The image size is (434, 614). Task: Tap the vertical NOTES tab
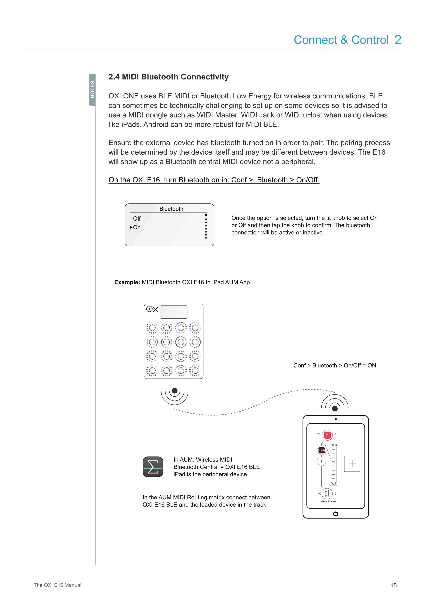pyautogui.click(x=92, y=90)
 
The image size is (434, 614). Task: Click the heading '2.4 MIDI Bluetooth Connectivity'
pyautogui.click(x=168, y=77)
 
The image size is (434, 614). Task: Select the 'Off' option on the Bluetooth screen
pyautogui.click(x=137, y=219)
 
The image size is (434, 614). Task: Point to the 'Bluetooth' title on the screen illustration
pyautogui.click(x=171, y=209)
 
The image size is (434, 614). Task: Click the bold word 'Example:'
pyautogui.click(x=127, y=282)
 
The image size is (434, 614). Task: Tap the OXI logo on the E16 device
pyautogui.click(x=152, y=309)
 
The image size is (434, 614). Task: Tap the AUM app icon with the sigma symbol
pyautogui.click(x=153, y=467)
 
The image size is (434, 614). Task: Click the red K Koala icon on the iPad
pyautogui.click(x=327, y=435)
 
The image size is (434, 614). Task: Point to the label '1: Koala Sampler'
pyautogui.click(x=327, y=501)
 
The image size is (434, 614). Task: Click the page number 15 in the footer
pyautogui.click(x=393, y=585)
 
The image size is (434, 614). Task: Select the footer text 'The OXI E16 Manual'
pyautogui.click(x=57, y=585)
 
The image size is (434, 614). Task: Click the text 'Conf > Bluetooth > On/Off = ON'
pyautogui.click(x=335, y=366)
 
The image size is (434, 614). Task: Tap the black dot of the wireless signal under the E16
pyautogui.click(x=175, y=391)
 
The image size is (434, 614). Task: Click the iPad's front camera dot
pyautogui.click(x=336, y=419)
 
